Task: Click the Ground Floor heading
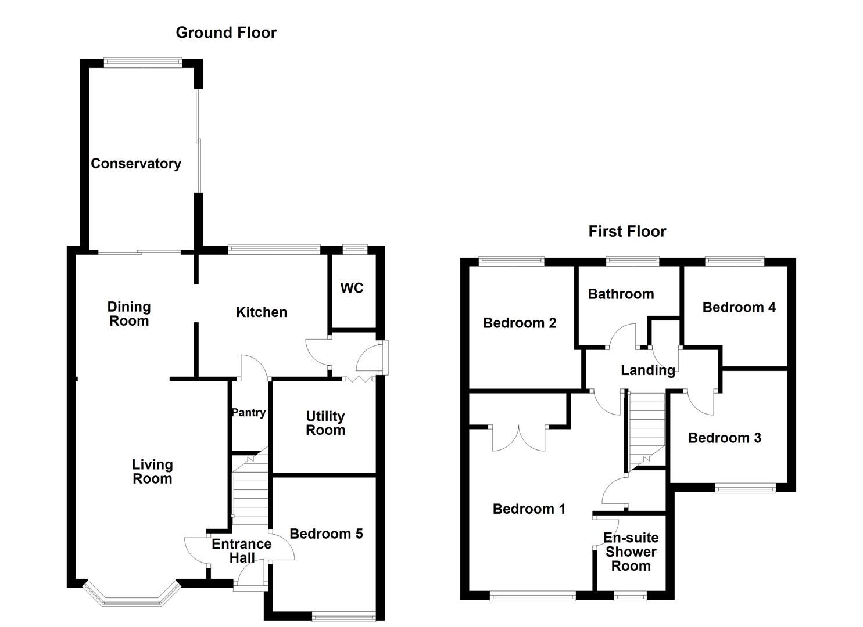click(226, 33)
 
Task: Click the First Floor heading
click(627, 232)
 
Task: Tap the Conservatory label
click(136, 164)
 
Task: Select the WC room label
click(352, 288)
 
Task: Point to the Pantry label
click(249, 413)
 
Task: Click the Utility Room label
click(325, 423)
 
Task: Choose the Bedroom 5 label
click(326, 534)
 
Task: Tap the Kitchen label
click(262, 312)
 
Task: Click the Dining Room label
click(129, 313)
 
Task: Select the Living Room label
click(152, 471)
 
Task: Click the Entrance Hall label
click(242, 551)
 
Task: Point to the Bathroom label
click(621, 294)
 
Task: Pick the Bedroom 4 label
click(739, 307)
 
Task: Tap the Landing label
click(648, 370)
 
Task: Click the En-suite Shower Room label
click(631, 552)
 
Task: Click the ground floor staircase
click(250, 491)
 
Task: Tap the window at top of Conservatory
click(142, 61)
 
